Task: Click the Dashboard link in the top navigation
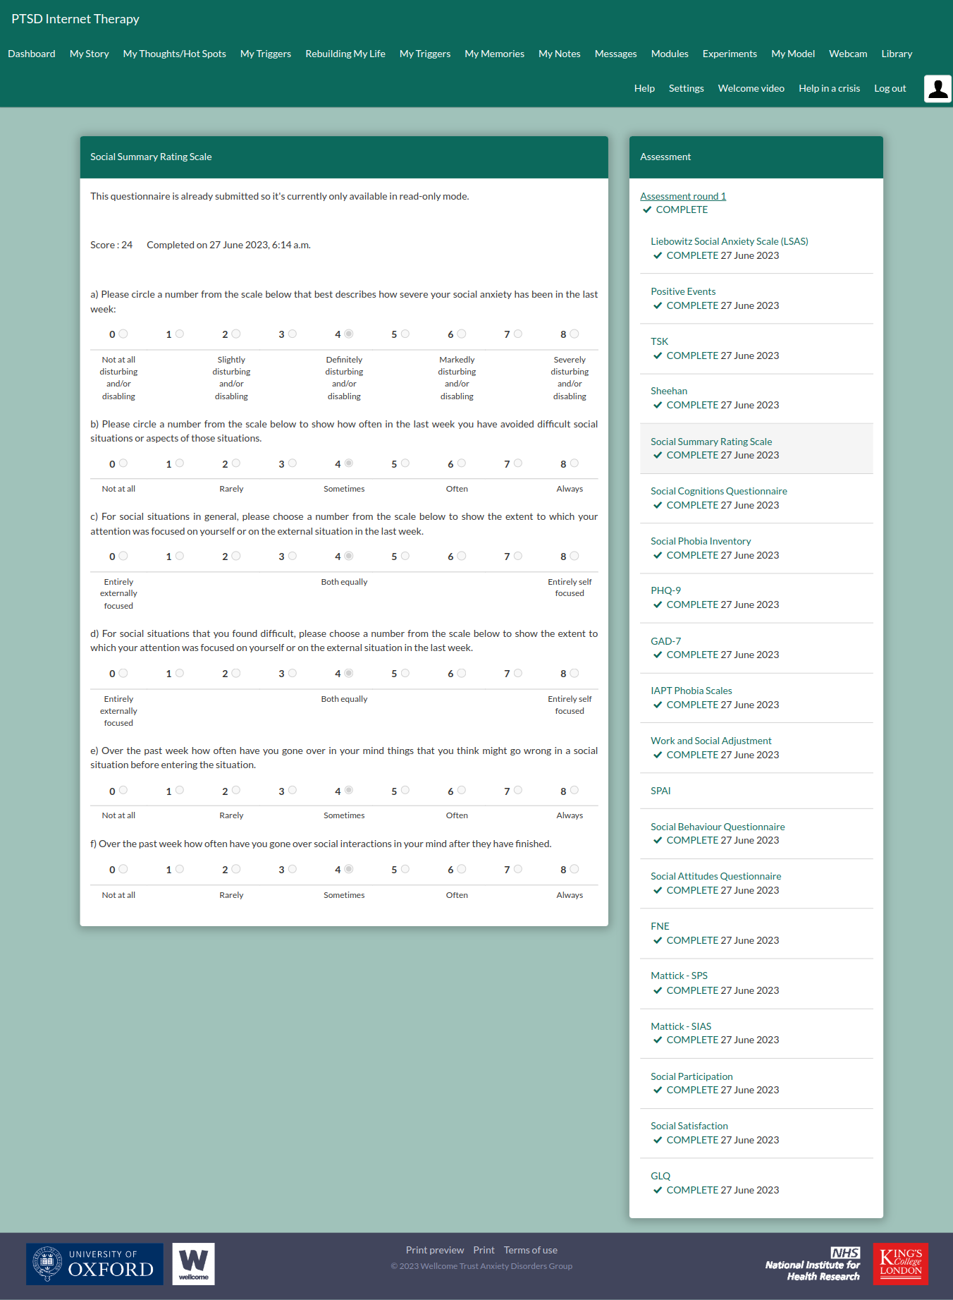[32, 54]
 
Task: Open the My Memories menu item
[494, 54]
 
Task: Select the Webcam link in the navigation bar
[847, 54]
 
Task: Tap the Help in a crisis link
[829, 88]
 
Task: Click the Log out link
[890, 88]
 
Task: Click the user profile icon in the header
[937, 89]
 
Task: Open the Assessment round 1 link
[682, 196]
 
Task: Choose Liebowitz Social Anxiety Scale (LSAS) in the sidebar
[729, 241]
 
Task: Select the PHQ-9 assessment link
[665, 590]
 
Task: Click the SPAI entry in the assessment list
[660, 791]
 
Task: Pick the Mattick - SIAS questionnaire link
[680, 1026]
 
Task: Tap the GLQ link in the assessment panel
[660, 1176]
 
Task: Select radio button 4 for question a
[349, 334]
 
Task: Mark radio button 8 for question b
[574, 463]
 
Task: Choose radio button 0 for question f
[123, 869]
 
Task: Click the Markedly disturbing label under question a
[457, 377]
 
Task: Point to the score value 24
[127, 245]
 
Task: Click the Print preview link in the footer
[434, 1250]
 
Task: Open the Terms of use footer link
[530, 1250]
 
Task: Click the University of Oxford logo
[94, 1263]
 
